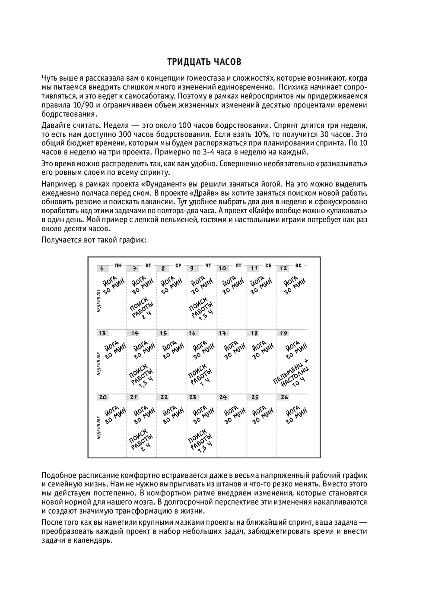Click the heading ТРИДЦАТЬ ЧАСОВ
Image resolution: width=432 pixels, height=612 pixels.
[204, 62]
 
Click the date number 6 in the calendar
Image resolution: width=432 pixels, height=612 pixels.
[102, 268]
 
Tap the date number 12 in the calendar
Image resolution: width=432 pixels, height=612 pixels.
[284, 268]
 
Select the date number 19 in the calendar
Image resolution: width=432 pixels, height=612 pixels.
[284, 333]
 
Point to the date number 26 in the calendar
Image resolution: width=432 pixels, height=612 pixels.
[284, 397]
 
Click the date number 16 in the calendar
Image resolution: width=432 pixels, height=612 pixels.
[192, 333]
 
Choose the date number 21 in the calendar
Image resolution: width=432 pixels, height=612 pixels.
[134, 397]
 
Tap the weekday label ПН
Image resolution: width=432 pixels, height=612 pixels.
[118, 265]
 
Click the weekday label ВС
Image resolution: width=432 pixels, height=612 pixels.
[298, 265]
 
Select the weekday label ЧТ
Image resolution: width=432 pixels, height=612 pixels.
[208, 265]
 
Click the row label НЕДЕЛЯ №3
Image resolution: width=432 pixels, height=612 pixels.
[99, 427]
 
